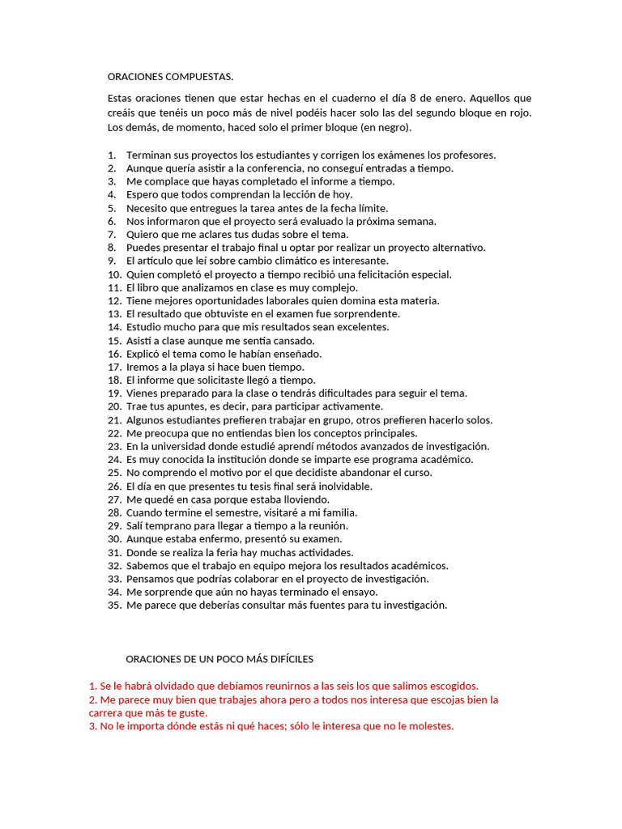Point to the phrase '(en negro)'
tap(384, 128)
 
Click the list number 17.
tap(113, 367)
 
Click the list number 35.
tap(113, 606)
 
